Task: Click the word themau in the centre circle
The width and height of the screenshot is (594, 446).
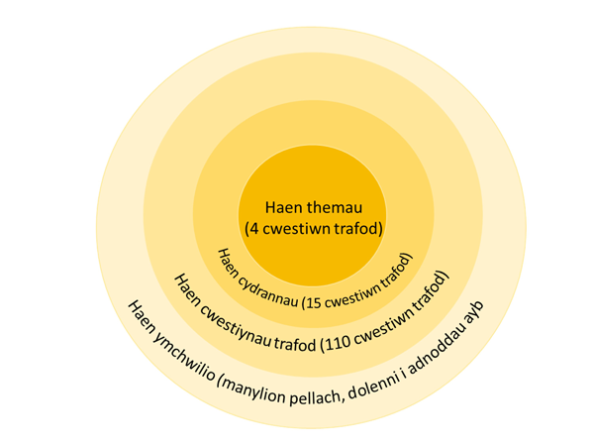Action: (335, 208)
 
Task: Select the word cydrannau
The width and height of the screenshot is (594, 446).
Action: (267, 291)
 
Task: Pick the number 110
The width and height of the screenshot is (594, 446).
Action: (337, 343)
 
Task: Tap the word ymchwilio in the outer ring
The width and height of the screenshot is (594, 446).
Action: (183, 356)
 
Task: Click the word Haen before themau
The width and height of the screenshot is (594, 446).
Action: (284, 208)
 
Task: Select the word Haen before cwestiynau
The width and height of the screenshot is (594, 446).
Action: (187, 290)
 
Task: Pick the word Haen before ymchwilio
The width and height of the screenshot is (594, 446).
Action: (141, 318)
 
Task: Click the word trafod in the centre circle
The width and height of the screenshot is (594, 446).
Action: (360, 229)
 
